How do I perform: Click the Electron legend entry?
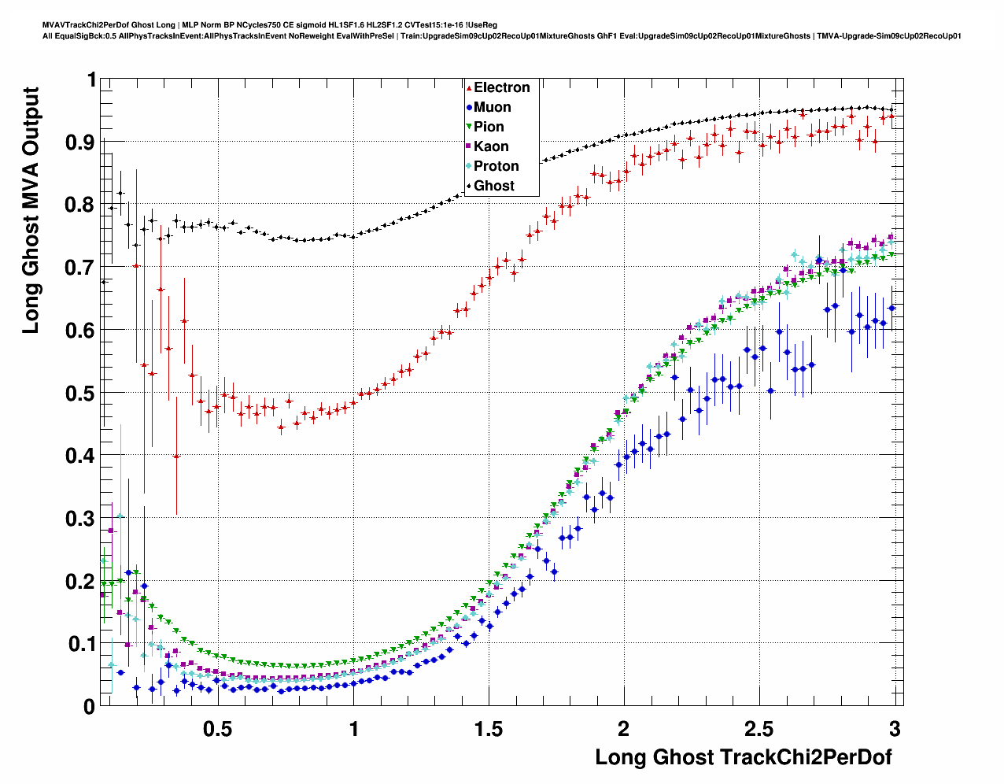[501, 87]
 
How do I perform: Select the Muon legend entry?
[492, 107]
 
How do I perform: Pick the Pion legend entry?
[489, 127]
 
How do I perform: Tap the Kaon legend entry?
[491, 146]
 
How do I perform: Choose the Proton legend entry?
[496, 166]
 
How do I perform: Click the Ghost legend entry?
[493, 186]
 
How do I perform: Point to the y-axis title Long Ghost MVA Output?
[30, 210]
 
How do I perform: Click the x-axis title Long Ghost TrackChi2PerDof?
[744, 757]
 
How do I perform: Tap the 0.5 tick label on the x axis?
[217, 729]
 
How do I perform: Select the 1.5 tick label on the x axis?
[488, 729]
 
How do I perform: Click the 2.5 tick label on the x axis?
[759, 729]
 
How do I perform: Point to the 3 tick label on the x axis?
[895, 729]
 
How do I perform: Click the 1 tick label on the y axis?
[91, 80]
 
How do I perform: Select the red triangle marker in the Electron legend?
[469, 88]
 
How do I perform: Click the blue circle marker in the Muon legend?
[469, 108]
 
